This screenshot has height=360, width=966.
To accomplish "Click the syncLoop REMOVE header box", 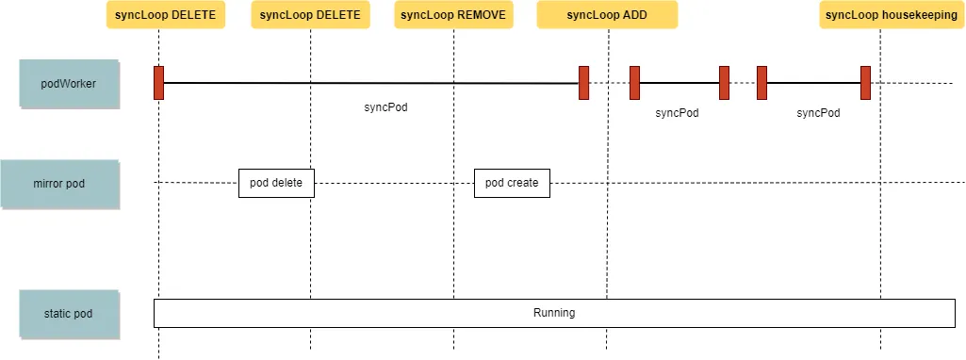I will point(453,15).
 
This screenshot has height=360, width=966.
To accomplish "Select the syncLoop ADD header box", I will point(607,15).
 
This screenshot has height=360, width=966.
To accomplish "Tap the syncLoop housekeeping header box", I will point(879,15).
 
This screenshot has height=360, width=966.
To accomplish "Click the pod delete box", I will point(275,183).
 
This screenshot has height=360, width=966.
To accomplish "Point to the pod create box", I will point(512,183).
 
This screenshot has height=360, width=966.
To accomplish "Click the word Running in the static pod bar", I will point(554,313).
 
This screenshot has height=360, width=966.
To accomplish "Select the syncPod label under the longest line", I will point(385,107).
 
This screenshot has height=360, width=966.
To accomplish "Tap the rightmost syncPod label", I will point(818,112).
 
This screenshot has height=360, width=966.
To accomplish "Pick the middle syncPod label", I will point(677,112).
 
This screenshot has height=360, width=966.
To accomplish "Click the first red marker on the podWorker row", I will point(159,83).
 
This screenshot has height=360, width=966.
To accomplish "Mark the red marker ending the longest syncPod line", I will point(584,83).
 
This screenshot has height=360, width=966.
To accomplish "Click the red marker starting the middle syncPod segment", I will point(635,83).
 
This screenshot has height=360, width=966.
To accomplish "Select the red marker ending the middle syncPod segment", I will point(724,83).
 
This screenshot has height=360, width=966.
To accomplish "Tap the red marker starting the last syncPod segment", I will point(761,83).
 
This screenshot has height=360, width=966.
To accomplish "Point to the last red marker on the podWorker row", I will point(865,83).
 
